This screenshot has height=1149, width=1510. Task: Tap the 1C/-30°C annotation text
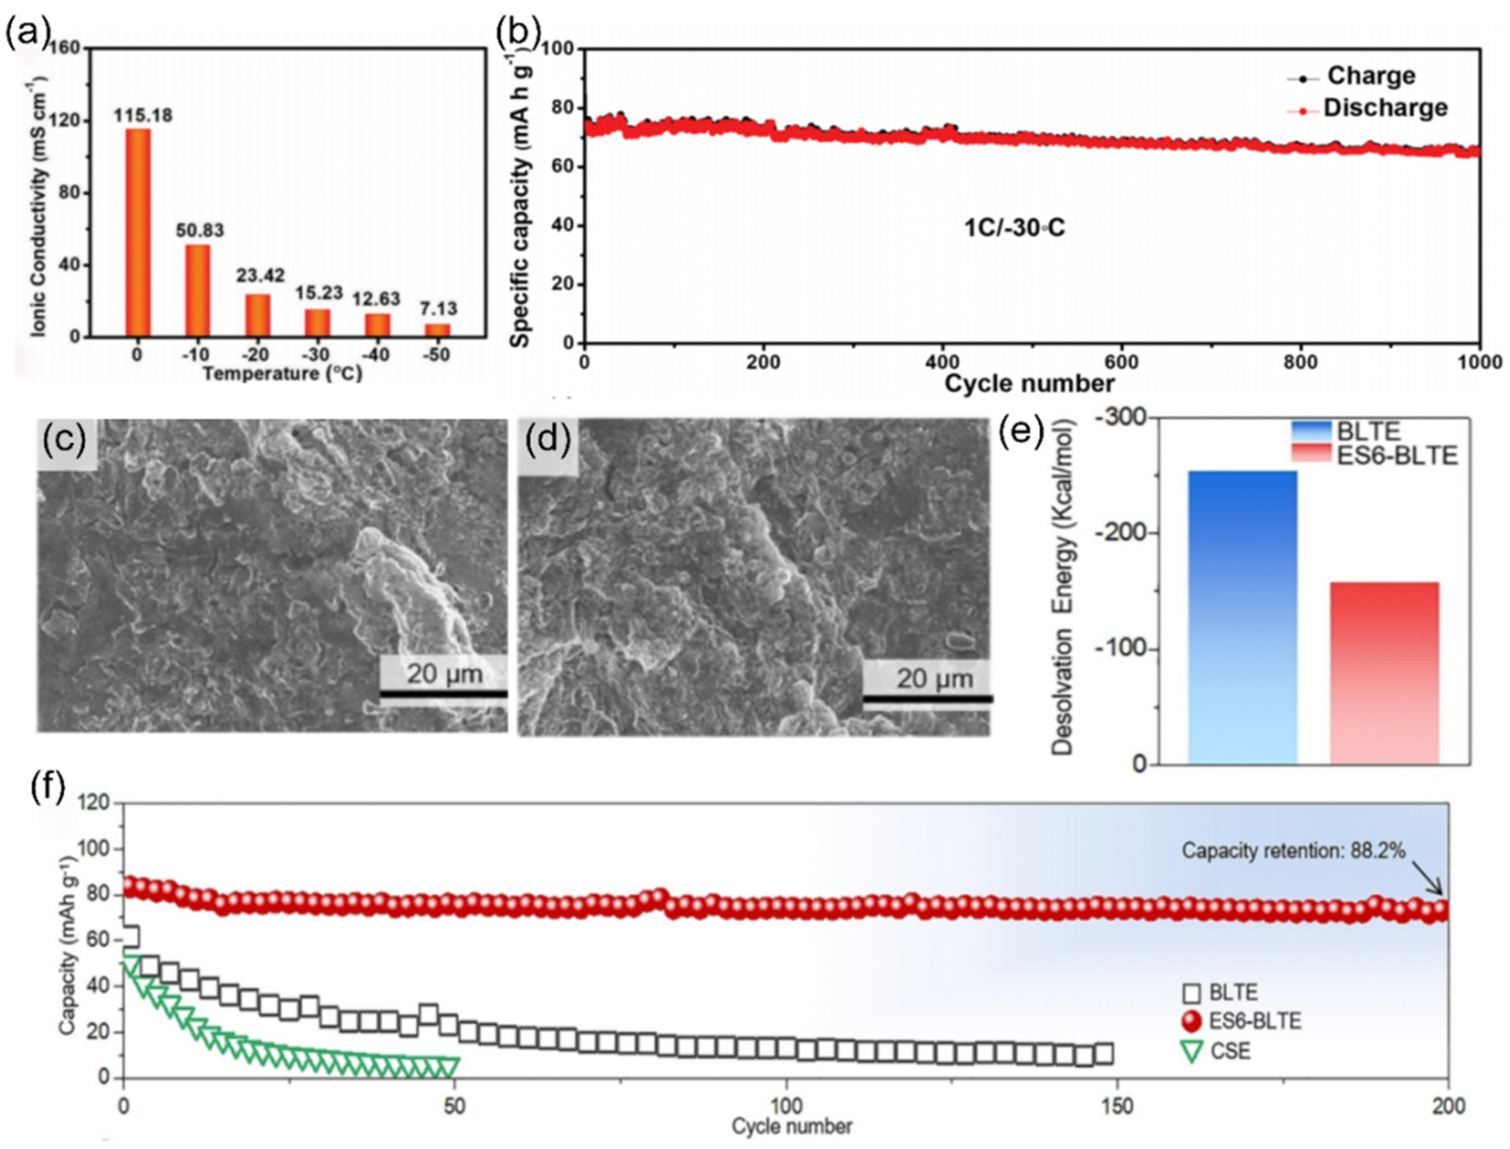click(x=1013, y=228)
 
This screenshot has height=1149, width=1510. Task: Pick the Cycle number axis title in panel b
click(x=1029, y=384)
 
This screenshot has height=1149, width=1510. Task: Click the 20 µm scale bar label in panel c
click(x=445, y=674)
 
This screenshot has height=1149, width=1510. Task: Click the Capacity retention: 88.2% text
click(x=1293, y=851)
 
